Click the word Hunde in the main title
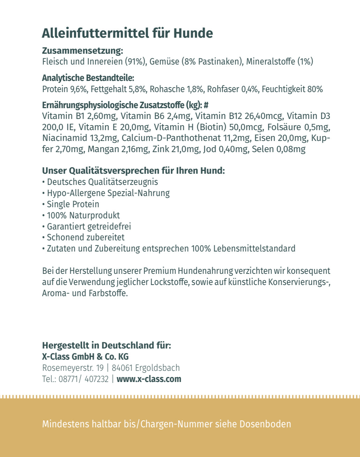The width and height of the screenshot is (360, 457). [x=193, y=33]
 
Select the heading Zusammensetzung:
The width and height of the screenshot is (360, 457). [x=83, y=51]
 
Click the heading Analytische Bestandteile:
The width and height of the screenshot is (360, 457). [x=88, y=78]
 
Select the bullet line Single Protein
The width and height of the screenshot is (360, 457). [x=73, y=204]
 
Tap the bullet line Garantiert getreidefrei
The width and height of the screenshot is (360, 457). [x=89, y=226]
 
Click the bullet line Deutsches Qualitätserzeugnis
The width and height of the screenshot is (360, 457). [x=102, y=182]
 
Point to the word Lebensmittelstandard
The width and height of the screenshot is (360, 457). [x=254, y=249]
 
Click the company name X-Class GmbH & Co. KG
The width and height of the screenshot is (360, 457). [x=85, y=357]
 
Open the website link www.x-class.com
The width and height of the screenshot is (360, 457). [x=149, y=379]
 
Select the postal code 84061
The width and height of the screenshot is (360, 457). [x=122, y=368]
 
